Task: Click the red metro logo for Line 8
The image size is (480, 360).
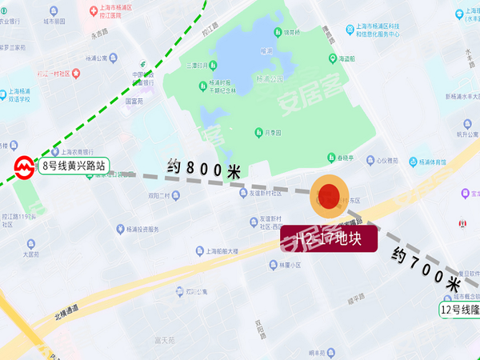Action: click(24, 168)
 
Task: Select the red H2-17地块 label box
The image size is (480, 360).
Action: click(329, 240)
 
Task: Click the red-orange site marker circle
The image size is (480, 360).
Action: click(329, 197)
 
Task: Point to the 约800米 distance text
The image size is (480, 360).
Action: click(204, 169)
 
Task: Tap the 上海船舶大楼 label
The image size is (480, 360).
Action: click(216, 251)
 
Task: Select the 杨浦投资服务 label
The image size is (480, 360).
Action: click(142, 230)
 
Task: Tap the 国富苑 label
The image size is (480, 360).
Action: click(133, 102)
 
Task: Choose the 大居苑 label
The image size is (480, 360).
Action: click(31, 254)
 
